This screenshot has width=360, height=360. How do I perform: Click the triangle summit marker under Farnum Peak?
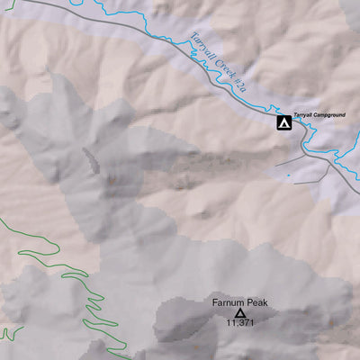click(239, 312)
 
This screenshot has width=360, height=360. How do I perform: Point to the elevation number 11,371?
click(239, 322)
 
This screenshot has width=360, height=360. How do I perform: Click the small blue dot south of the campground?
click(289, 175)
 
